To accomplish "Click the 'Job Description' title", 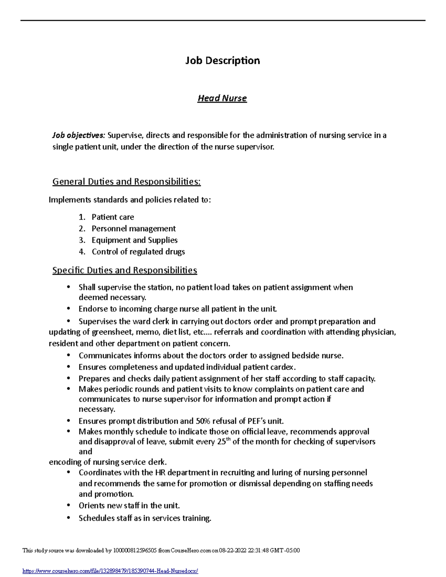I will [223, 61].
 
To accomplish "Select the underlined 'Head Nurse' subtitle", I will [222, 98].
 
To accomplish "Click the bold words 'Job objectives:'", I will [79, 135].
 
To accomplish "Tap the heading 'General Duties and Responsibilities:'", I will [126, 182].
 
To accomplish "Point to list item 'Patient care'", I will [113, 217].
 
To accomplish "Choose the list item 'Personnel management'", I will [134, 228].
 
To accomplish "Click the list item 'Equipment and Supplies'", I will [135, 240].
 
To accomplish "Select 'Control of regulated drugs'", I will [138, 252].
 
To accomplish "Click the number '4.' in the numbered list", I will [82, 252].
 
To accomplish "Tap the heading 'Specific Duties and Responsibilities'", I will [125, 270].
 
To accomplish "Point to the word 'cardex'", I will [283, 367].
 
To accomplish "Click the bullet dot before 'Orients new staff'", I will [68, 505].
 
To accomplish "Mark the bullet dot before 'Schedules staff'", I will [68, 518].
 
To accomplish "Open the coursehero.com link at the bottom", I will [110, 571].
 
